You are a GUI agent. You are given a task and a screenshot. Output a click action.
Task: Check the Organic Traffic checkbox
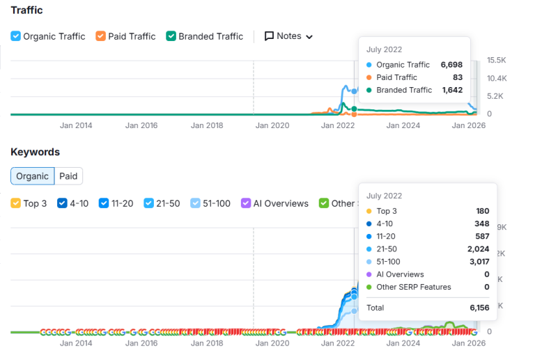tap(16, 36)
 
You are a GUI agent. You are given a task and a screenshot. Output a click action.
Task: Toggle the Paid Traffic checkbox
tap(101, 36)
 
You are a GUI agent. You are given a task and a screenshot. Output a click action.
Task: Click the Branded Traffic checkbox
tap(171, 36)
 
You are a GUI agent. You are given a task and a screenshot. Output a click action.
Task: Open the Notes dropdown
tap(288, 36)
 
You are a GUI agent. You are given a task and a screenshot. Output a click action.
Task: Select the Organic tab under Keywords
tap(33, 176)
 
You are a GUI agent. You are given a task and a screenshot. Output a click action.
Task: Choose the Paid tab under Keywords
tap(68, 176)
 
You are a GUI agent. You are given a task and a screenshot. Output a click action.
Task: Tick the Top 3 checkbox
tap(16, 203)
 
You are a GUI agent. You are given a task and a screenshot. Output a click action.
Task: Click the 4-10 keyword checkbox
tap(62, 203)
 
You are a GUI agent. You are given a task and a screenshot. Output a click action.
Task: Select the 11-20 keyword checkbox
tap(104, 203)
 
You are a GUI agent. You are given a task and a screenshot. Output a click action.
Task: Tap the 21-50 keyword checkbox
tap(149, 203)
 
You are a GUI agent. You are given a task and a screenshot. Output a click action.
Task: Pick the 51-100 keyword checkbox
tap(196, 203)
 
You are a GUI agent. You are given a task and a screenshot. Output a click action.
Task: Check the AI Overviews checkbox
tap(246, 203)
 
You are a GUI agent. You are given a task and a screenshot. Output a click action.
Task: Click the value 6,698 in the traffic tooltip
tap(451, 65)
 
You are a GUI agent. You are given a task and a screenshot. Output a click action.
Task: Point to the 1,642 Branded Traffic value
tap(452, 90)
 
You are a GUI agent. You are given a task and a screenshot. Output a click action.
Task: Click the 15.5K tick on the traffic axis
tap(497, 60)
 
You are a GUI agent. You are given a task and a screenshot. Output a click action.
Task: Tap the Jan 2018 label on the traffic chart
tap(207, 126)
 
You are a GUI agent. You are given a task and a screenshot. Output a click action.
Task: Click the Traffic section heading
tap(26, 10)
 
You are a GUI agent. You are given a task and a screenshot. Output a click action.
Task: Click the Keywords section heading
tap(35, 152)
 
